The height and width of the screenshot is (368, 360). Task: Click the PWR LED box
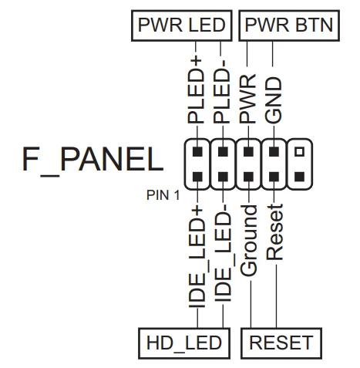pyautogui.click(x=181, y=25)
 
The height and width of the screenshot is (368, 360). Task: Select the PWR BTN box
pyautogui.click(x=289, y=25)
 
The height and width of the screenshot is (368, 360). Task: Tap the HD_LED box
pyautogui.click(x=184, y=343)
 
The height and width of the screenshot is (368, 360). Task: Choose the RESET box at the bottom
pyautogui.click(x=281, y=343)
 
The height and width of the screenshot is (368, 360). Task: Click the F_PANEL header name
pyautogui.click(x=93, y=160)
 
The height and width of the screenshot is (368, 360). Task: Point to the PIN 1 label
pyautogui.click(x=163, y=195)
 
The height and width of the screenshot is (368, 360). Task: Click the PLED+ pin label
pyautogui.click(x=197, y=90)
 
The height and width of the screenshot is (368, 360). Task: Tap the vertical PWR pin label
pyautogui.click(x=247, y=99)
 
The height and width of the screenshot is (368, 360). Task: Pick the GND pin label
pyautogui.click(x=273, y=100)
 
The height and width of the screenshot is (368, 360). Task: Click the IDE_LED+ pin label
pyautogui.click(x=197, y=257)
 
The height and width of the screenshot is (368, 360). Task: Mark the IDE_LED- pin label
pyautogui.click(x=223, y=253)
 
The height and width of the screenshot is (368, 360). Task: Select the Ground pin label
pyautogui.click(x=248, y=241)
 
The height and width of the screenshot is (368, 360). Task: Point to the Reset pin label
pyautogui.click(x=274, y=232)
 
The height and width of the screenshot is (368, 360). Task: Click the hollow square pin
pyautogui.click(x=299, y=151)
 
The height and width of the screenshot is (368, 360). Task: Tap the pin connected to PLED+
pyautogui.click(x=197, y=151)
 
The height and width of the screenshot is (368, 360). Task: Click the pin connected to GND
pyautogui.click(x=274, y=151)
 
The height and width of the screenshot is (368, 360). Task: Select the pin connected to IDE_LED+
pyautogui.click(x=197, y=177)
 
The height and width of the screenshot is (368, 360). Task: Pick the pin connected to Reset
pyautogui.click(x=274, y=177)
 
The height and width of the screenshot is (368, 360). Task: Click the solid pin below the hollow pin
pyautogui.click(x=299, y=177)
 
